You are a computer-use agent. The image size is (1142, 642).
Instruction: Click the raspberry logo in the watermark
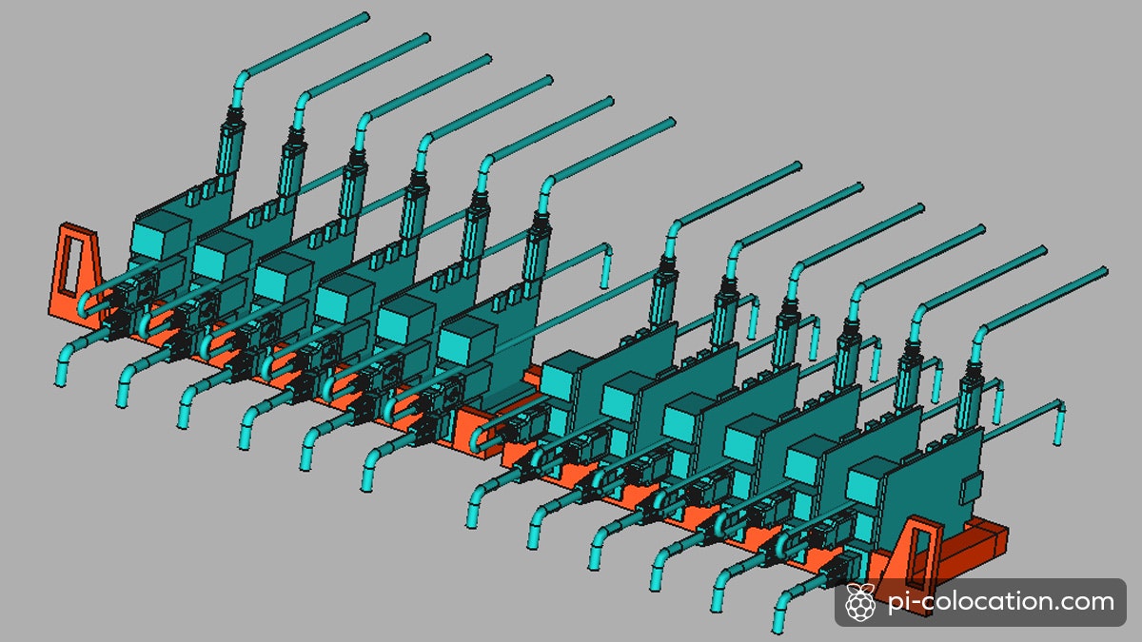860,603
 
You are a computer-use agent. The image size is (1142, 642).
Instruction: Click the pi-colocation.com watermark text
1000,602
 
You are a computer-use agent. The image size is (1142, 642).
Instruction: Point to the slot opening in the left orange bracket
70,266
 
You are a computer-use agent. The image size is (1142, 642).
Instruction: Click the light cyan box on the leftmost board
161,236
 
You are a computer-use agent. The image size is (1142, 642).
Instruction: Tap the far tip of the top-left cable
365,17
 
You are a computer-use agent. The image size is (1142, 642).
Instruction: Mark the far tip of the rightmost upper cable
1104,270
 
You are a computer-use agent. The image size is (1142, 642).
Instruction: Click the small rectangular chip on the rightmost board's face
972,488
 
